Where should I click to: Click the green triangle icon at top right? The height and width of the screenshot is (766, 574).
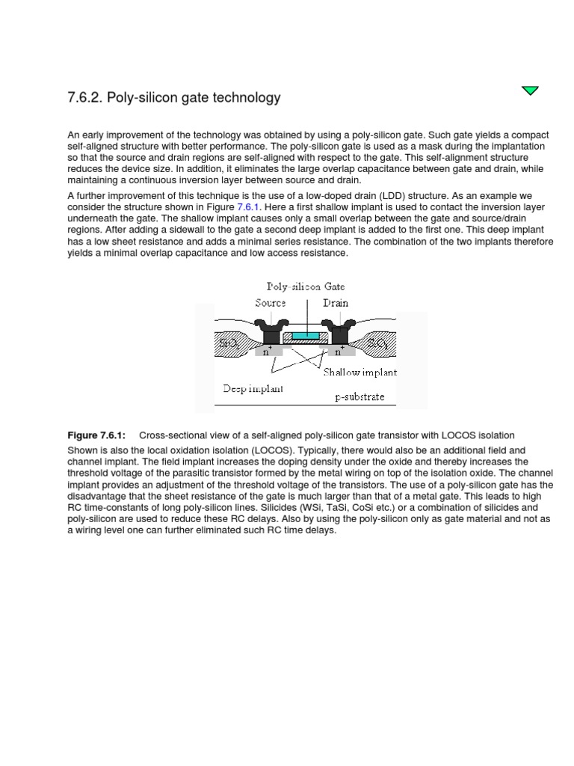tap(530, 91)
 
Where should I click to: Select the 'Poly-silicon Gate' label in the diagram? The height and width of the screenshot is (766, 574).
tap(306, 287)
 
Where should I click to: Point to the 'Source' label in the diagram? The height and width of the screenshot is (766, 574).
tap(271, 303)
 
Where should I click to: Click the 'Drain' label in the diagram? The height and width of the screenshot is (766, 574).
tap(336, 303)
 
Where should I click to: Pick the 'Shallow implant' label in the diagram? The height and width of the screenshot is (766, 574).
tap(359, 372)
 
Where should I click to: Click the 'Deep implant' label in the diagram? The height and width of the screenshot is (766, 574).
tap(253, 389)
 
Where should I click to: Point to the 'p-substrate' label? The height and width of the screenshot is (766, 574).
tap(359, 396)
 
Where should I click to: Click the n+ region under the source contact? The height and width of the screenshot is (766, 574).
tap(268, 350)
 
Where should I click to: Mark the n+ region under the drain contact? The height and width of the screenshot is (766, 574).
tap(339, 350)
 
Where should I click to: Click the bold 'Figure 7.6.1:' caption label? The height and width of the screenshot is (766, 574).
tap(96, 435)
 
